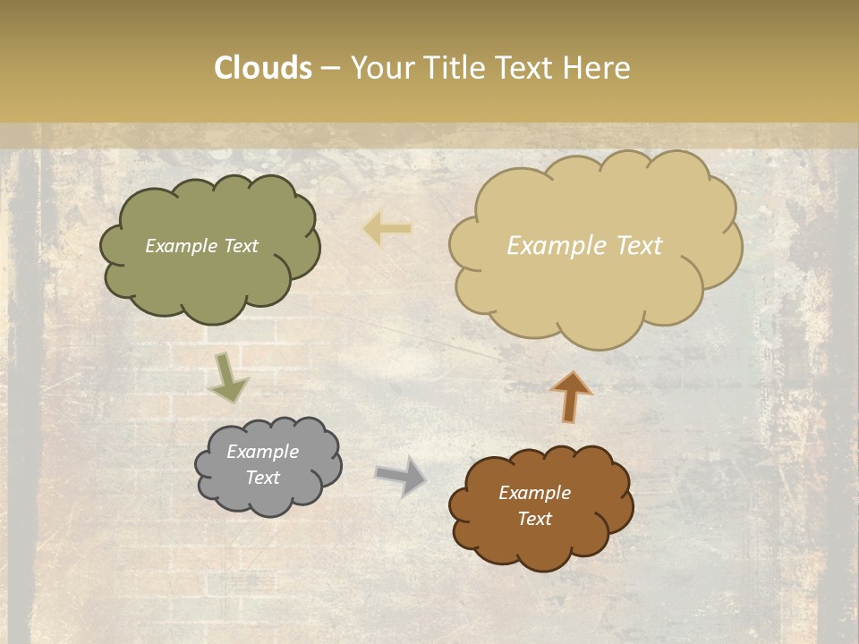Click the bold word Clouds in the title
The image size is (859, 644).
(x=262, y=68)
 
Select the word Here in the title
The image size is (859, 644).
(x=598, y=68)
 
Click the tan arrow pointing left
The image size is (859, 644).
(x=388, y=229)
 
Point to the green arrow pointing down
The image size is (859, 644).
(x=227, y=377)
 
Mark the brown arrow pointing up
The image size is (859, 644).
(x=572, y=396)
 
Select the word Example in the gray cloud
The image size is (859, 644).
(x=262, y=452)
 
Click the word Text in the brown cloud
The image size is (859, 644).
(x=534, y=519)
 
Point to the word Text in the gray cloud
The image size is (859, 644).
(x=262, y=478)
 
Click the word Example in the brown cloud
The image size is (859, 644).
(x=534, y=493)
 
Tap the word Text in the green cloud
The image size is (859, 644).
(x=241, y=246)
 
